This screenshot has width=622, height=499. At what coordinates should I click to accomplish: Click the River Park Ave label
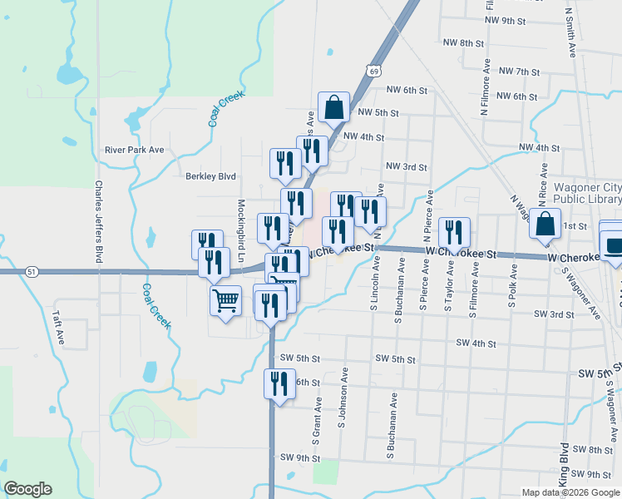(x=134, y=151)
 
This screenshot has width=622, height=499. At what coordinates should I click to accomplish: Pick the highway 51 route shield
(x=31, y=271)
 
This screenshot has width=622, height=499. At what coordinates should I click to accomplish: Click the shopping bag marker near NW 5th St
(x=333, y=107)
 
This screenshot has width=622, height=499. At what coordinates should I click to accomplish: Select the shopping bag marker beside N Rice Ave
(x=545, y=225)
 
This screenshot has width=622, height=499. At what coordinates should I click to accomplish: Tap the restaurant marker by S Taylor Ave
(x=453, y=233)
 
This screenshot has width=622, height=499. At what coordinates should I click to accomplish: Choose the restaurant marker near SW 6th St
(x=279, y=384)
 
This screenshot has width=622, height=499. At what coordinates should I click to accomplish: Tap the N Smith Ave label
(x=570, y=33)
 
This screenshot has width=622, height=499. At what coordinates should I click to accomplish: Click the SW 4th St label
(x=476, y=343)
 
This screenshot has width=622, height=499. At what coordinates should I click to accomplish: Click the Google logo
(x=28, y=489)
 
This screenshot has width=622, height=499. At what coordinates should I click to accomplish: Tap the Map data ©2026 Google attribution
(x=571, y=492)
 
